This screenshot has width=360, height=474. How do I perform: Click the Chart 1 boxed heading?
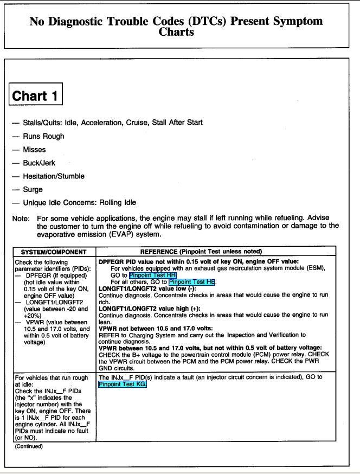coord(36,96)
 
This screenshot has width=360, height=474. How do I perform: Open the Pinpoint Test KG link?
coord(123,384)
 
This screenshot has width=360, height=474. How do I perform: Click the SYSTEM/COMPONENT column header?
coord(54,252)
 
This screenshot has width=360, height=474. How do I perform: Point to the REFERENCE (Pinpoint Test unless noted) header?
coord(201,252)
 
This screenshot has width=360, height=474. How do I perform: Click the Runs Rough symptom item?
coord(43,136)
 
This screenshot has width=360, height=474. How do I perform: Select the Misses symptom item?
coord(34,150)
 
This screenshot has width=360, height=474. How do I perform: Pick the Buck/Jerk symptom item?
coord(39,163)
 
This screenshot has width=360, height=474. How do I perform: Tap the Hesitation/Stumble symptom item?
coord(54,176)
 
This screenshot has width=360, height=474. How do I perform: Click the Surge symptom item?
coord(33,190)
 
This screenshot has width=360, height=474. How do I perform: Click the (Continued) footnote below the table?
coord(28,446)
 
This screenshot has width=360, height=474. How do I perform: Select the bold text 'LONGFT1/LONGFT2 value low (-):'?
coord(143,289)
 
